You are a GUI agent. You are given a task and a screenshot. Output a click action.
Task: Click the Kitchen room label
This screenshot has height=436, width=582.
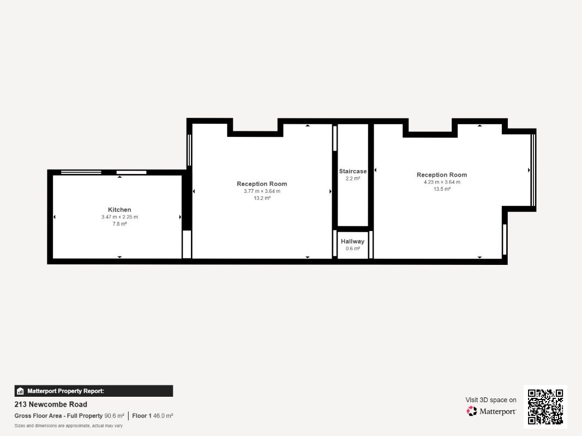tap(119, 210)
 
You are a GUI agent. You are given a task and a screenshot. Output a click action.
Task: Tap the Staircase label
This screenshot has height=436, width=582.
tap(352, 171)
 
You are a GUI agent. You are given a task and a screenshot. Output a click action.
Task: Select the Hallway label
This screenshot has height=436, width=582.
tap(352, 241)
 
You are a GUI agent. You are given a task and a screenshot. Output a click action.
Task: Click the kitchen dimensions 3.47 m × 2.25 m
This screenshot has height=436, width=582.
tap(119, 217)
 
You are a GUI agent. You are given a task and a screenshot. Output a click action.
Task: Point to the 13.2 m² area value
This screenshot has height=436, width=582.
tap(262, 198)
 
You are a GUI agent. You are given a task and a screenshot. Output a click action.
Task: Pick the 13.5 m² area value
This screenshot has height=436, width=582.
tap(442, 189)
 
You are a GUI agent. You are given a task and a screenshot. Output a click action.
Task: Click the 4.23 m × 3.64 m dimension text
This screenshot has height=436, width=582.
tap(442, 182)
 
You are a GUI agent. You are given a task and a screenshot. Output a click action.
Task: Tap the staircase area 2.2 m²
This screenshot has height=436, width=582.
tap(352, 178)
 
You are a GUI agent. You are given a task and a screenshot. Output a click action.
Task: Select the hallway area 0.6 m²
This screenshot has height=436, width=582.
tap(352, 249)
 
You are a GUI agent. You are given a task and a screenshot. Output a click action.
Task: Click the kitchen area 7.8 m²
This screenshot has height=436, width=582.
tap(119, 224)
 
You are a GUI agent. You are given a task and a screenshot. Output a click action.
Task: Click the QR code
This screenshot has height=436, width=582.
tap(545, 407)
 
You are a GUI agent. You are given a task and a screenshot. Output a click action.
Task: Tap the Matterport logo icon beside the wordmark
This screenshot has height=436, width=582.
tap(472, 411)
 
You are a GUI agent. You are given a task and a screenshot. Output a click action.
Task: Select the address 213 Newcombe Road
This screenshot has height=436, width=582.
tap(51, 404)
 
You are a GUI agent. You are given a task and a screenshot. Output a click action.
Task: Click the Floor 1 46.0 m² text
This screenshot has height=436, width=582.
tap(153, 416)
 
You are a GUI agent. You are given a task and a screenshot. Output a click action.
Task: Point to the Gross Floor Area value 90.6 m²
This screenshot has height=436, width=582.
tap(115, 416)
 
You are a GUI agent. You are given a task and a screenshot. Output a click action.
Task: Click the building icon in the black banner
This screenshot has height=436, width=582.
tap(20, 391)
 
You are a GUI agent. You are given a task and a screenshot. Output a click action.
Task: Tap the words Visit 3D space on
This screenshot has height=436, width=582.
tap(491, 400)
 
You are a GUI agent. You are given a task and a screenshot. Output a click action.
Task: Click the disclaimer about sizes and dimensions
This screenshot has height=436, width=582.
tap(69, 426)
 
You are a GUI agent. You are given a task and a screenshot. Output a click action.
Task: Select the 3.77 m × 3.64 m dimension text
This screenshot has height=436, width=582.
tap(262, 191)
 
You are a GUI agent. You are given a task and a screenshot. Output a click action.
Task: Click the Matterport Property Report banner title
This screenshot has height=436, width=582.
tap(65, 391)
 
